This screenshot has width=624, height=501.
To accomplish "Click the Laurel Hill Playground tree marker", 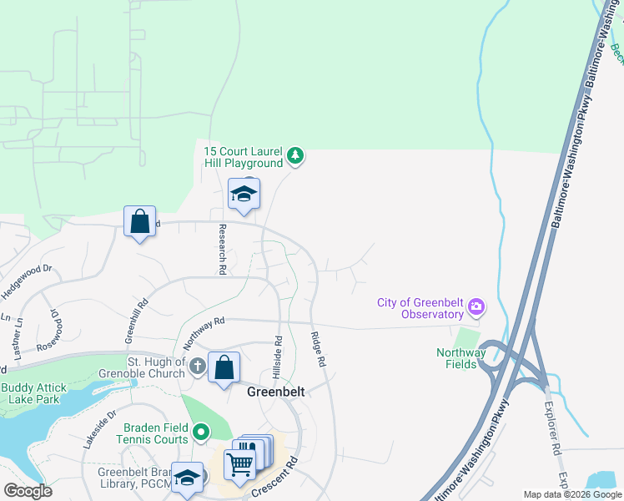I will click(294, 155).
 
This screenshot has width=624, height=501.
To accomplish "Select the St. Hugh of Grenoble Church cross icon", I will click(197, 367).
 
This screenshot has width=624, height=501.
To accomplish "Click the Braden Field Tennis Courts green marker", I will click(201, 432).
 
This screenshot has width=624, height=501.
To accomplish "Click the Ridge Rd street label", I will click(317, 349).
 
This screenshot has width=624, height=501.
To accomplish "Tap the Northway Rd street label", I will click(204, 330).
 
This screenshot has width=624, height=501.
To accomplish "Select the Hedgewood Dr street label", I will click(27, 276).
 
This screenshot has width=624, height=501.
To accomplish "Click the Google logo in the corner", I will click(28, 491).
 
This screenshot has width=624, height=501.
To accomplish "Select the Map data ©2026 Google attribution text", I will click(571, 494).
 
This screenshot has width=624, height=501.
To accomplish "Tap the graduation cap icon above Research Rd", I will click(244, 195).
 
